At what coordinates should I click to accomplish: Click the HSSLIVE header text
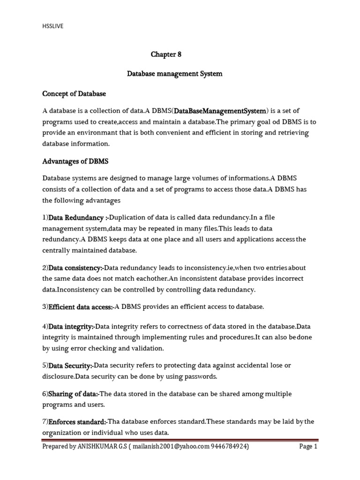[x=52, y=26]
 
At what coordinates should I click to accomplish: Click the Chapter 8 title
[x=165, y=54]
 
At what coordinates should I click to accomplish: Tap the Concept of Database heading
[x=74, y=94]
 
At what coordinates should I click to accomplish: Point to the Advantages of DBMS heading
[x=75, y=161]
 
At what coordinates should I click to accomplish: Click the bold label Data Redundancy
[x=76, y=217]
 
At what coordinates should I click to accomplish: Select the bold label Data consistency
[x=75, y=268]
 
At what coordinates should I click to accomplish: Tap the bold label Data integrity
[x=71, y=326]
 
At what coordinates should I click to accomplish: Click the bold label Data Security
[x=71, y=365]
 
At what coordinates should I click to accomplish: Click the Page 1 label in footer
[x=308, y=447]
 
